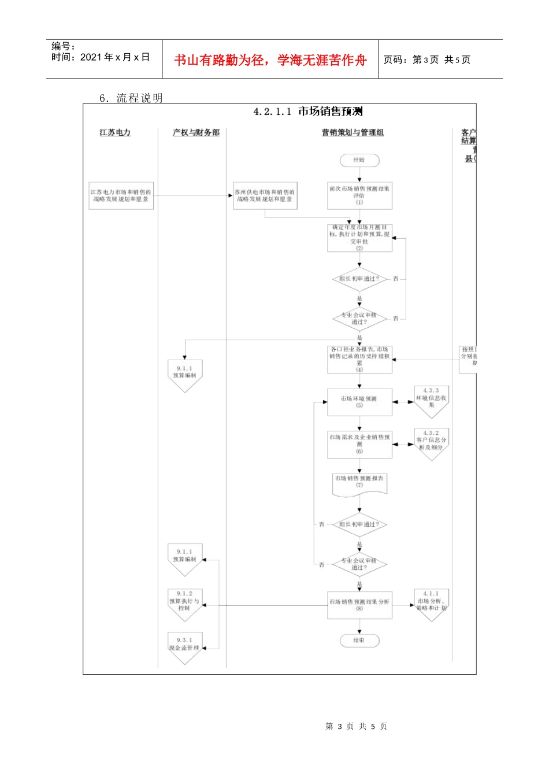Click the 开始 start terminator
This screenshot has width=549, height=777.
tap(359, 160)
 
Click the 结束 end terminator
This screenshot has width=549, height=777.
tap(359, 641)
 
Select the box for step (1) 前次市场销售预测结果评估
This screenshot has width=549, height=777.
tap(359, 195)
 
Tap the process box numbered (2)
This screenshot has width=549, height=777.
tap(359, 238)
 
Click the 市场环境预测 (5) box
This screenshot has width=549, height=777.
tap(359, 402)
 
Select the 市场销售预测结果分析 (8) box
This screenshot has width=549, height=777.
tap(359, 605)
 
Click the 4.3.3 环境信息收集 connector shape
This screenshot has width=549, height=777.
tap(431, 399)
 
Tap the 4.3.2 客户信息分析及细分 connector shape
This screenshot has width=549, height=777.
tap(431, 442)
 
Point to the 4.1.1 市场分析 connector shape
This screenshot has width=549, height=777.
tap(431, 602)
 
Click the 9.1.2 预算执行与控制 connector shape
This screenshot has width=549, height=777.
tap(184, 602)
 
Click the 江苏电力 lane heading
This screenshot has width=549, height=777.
tap(115, 132)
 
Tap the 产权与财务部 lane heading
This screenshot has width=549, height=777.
tap(196, 132)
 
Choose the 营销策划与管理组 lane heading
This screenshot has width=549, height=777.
tap(353, 132)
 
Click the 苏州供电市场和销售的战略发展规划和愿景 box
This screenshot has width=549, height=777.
tap(265, 195)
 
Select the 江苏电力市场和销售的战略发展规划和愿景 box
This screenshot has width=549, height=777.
tap(121, 195)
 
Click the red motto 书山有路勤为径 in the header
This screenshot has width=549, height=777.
tap(270, 60)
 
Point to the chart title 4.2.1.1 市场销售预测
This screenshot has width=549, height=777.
tap(308, 112)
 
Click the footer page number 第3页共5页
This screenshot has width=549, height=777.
tap(356, 726)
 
